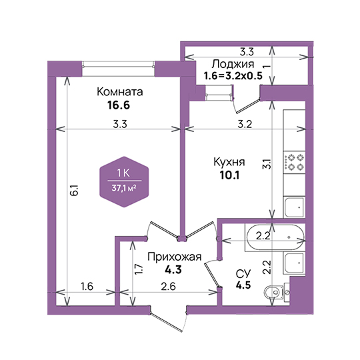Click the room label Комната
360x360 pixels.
(120, 92)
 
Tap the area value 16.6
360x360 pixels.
(119, 105)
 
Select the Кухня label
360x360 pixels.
(229, 162)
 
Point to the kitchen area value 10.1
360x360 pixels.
(229, 175)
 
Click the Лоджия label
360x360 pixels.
(233, 65)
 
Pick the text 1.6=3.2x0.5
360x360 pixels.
(233, 76)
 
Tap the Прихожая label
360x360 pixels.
(174, 257)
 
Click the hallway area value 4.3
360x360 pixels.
(173, 270)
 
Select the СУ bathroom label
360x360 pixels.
(243, 274)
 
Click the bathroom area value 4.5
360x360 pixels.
(243, 285)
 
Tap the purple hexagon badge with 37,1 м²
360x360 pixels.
(124, 182)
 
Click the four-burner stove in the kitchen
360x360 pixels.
(295, 163)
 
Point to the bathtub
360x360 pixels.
(275, 237)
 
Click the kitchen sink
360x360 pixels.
(295, 207)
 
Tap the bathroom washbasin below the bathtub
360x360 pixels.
(295, 263)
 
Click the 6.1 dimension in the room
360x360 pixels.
(75, 190)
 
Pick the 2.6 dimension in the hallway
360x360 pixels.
(168, 286)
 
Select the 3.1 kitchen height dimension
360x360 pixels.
(267, 164)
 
